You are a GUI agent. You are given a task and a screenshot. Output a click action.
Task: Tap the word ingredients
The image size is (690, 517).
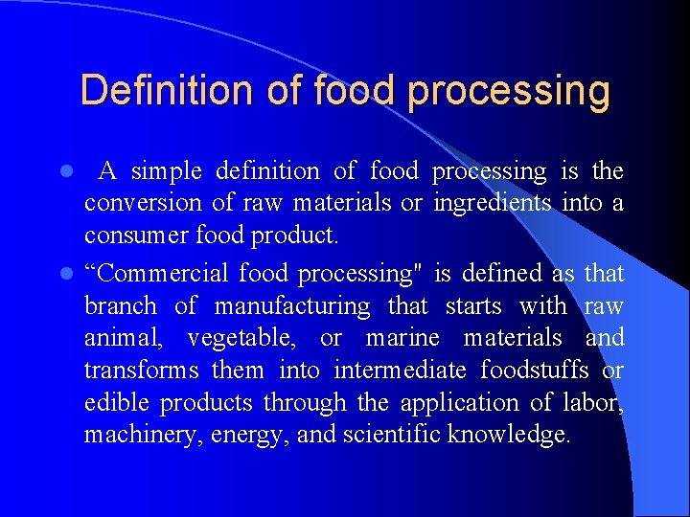tap(493, 204)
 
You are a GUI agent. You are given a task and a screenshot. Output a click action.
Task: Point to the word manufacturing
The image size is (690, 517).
tap(291, 306)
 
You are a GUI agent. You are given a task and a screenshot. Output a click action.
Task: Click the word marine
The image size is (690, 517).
tap(403, 338)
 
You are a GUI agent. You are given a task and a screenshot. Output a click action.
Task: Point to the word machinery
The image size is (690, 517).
tap(128, 436)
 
